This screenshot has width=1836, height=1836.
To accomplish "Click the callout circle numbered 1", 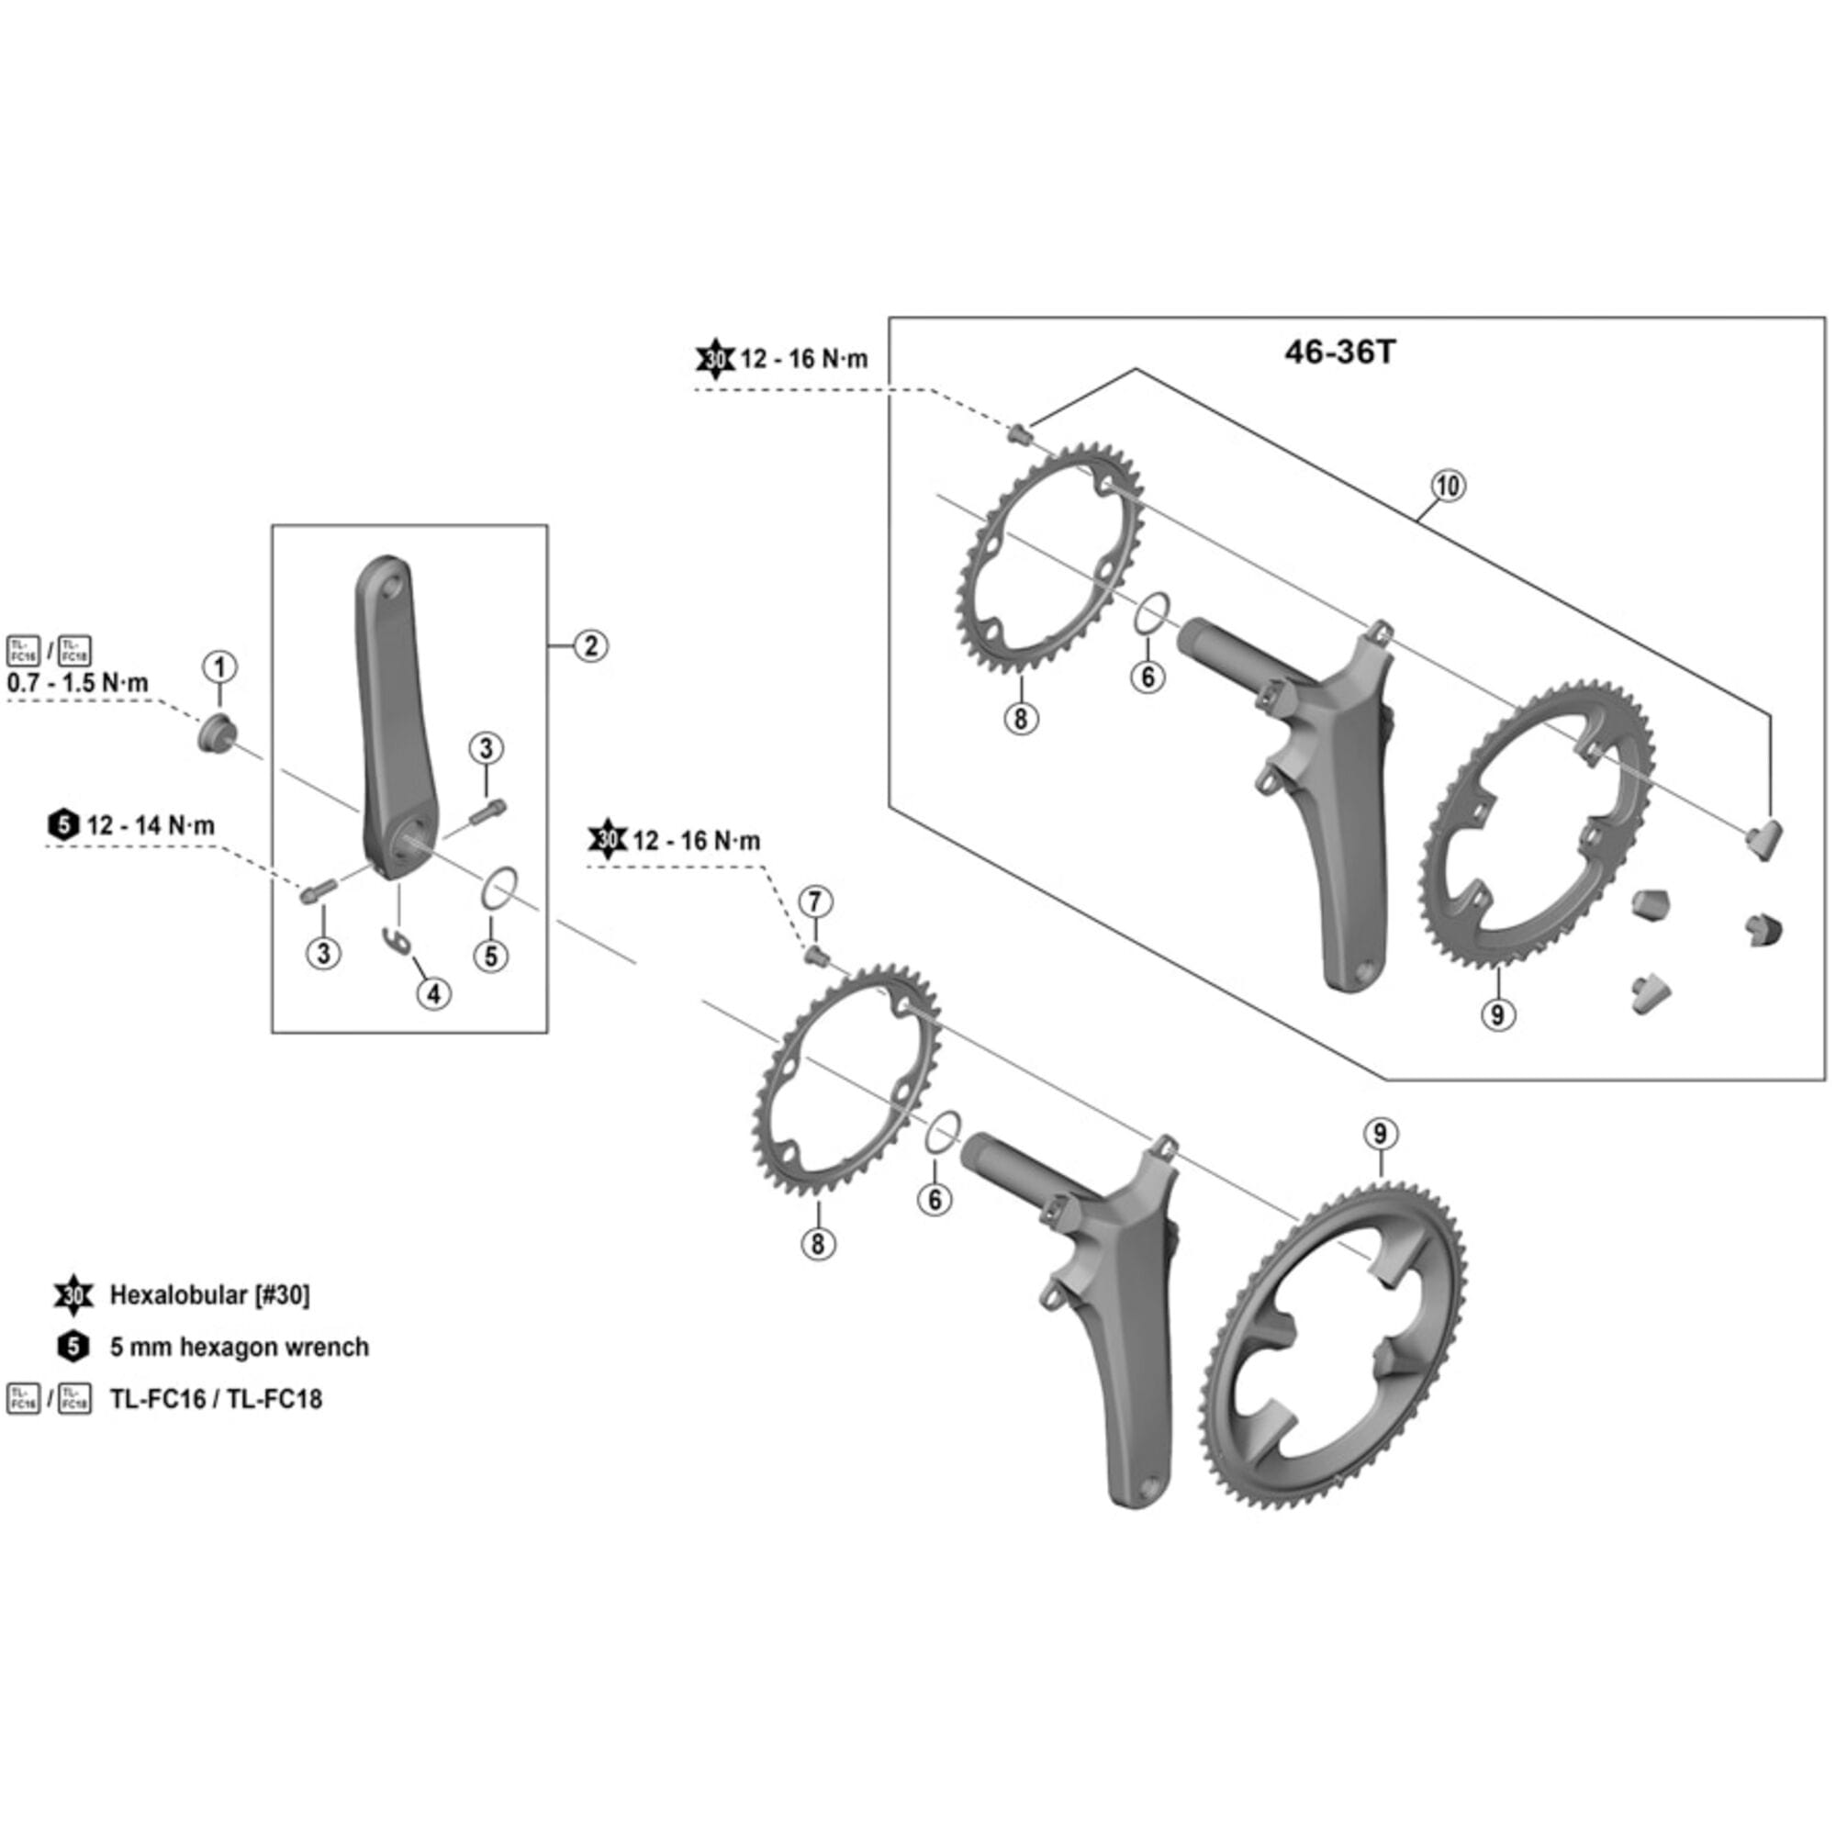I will tap(219, 666).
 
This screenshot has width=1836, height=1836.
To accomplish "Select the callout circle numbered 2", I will tap(591, 646).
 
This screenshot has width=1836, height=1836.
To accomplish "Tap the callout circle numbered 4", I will tap(433, 994).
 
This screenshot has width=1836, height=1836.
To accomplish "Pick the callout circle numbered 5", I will tap(491, 955).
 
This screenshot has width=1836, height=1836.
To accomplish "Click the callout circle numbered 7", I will tap(815, 901).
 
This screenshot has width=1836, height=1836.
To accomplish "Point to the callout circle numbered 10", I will tap(1448, 486).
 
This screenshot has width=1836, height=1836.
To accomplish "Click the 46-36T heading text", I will tap(1340, 353).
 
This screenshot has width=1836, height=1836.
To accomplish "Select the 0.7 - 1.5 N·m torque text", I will tap(78, 682).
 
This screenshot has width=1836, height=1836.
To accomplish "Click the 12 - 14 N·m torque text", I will tap(151, 825).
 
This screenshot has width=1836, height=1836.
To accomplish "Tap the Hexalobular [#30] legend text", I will tap(209, 1294).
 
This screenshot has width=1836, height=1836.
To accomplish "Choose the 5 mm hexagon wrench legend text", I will tap(239, 1347).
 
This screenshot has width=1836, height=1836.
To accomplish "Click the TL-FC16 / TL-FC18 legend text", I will tap(216, 1399).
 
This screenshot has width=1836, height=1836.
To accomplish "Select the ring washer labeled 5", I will tap(498, 888).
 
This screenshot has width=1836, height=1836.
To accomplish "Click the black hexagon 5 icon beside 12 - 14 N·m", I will tap(62, 825).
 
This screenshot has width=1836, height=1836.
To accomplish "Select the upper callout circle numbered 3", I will tap(486, 748).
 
